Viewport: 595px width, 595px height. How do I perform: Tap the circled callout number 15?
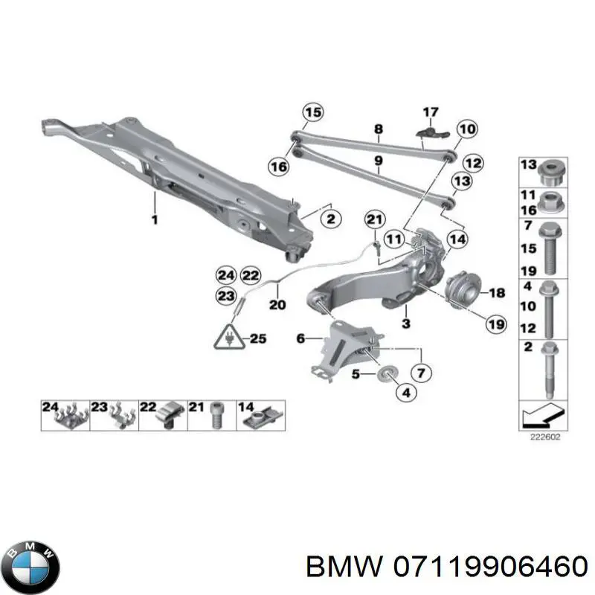point(313,113)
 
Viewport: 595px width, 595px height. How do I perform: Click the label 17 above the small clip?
point(431,112)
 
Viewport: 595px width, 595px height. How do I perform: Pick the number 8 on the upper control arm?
point(378,129)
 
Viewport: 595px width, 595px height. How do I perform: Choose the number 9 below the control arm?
point(378,160)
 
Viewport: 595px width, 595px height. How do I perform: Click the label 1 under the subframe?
point(155,220)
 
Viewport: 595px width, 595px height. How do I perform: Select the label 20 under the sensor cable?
point(277,304)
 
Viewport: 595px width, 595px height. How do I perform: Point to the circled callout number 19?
point(474,324)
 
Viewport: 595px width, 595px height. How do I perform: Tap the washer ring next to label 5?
point(387,372)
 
